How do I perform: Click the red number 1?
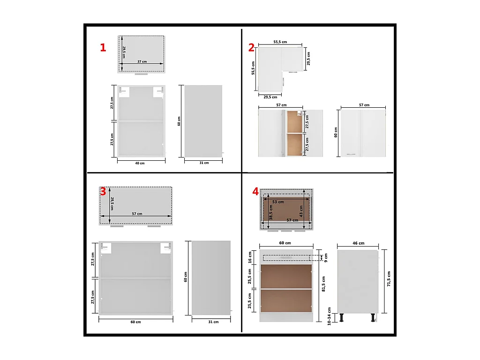point(103,47)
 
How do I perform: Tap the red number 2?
point(252,47)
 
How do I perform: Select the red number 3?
point(103,191)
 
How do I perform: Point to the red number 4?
point(255,191)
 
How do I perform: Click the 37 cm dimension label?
point(142,61)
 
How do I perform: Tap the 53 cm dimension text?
point(278,202)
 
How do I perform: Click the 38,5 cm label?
point(271,211)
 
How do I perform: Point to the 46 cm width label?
point(358,244)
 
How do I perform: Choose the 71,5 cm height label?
point(389,280)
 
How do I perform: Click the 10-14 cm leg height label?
point(330,316)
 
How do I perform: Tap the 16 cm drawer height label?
point(250,257)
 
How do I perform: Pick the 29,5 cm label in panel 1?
point(124,52)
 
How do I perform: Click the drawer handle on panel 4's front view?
point(286,257)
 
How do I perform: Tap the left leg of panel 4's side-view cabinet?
point(342,318)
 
